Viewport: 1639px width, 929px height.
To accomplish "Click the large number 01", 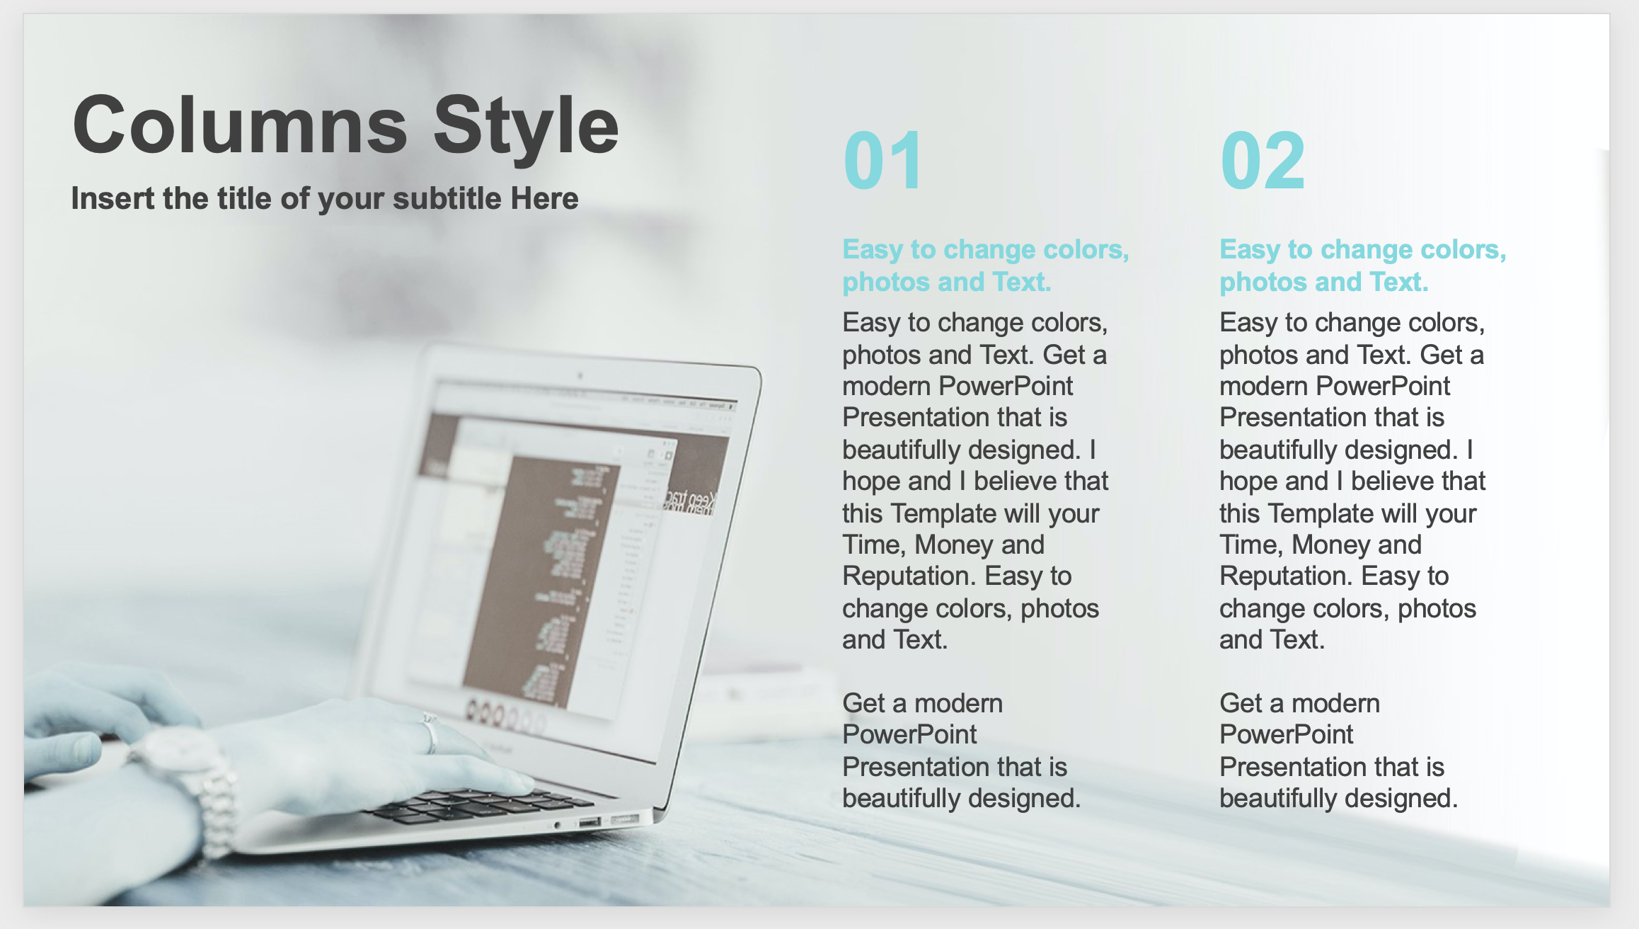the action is (883, 161).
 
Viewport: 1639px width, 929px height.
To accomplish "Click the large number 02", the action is (1262, 161).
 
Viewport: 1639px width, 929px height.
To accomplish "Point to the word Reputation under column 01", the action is (909, 577).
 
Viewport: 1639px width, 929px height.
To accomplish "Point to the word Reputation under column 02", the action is (1287, 577).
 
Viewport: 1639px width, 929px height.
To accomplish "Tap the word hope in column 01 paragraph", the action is (872, 481).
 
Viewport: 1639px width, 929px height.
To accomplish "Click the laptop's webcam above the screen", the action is (580, 376).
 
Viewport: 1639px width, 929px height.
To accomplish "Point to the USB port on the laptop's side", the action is (589, 822).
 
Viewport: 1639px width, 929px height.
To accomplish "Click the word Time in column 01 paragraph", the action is (873, 545).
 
